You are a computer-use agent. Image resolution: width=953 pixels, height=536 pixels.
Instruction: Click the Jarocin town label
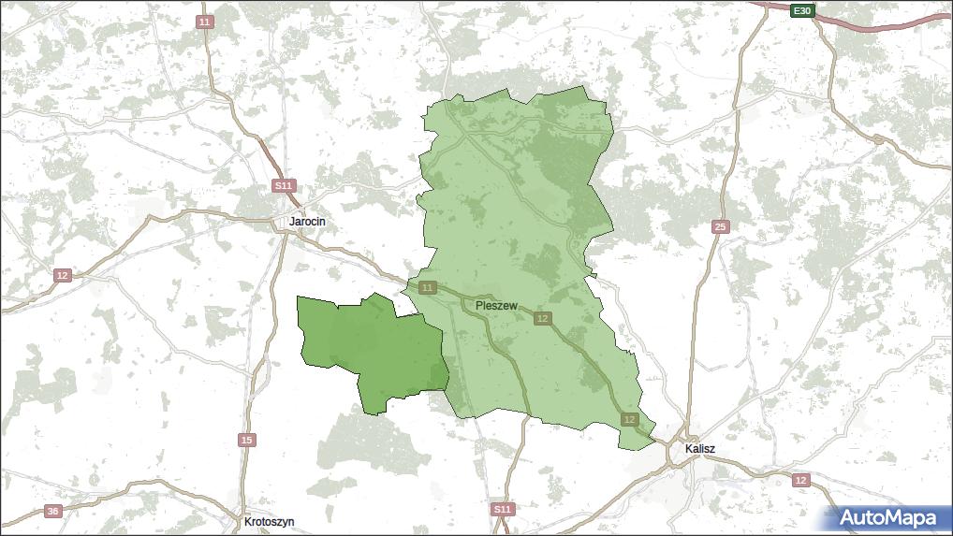point(307,222)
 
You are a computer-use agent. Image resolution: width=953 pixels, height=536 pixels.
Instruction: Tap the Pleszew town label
point(496,305)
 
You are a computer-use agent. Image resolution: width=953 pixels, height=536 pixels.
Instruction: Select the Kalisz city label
point(699,449)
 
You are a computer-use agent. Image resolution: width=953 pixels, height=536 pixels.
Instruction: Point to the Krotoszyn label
point(269,521)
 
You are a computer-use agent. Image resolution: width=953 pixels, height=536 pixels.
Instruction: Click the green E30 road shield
point(801,11)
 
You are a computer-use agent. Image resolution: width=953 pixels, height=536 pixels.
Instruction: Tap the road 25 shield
point(720,227)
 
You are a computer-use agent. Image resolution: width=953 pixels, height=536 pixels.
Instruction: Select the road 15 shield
point(246,440)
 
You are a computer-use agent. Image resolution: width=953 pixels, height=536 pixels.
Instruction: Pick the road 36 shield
point(52,511)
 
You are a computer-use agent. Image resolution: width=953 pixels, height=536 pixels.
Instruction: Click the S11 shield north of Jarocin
point(284,186)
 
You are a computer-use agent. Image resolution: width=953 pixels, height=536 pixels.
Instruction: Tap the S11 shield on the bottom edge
point(503,509)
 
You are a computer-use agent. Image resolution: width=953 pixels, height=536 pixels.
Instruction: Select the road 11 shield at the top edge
point(205,22)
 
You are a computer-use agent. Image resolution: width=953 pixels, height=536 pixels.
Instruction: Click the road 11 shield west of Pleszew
point(428,287)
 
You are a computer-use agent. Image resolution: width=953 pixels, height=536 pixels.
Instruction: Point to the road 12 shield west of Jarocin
point(62,275)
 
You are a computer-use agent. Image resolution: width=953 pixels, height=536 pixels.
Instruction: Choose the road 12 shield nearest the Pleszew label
point(542,319)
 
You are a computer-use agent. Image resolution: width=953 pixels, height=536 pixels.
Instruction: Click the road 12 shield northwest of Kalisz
point(628,419)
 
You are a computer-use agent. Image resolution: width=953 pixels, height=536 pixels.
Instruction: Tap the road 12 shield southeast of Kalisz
point(799,480)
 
